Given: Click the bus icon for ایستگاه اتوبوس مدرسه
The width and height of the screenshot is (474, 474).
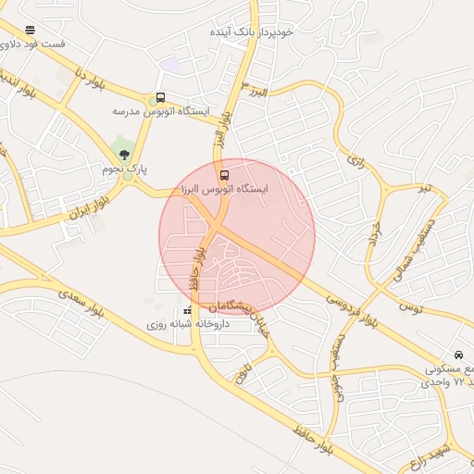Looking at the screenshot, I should [160, 98].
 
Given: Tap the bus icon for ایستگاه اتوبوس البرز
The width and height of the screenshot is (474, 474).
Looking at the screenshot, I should [223, 174].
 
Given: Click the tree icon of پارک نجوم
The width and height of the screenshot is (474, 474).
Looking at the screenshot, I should [125, 154].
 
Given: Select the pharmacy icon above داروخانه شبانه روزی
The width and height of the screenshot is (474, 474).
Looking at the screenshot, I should [188, 310].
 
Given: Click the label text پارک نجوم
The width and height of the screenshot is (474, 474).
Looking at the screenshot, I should [125, 169].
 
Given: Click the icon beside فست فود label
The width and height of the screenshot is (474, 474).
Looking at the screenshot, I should [31, 30].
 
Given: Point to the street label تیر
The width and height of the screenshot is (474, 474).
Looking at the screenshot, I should [424, 188].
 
